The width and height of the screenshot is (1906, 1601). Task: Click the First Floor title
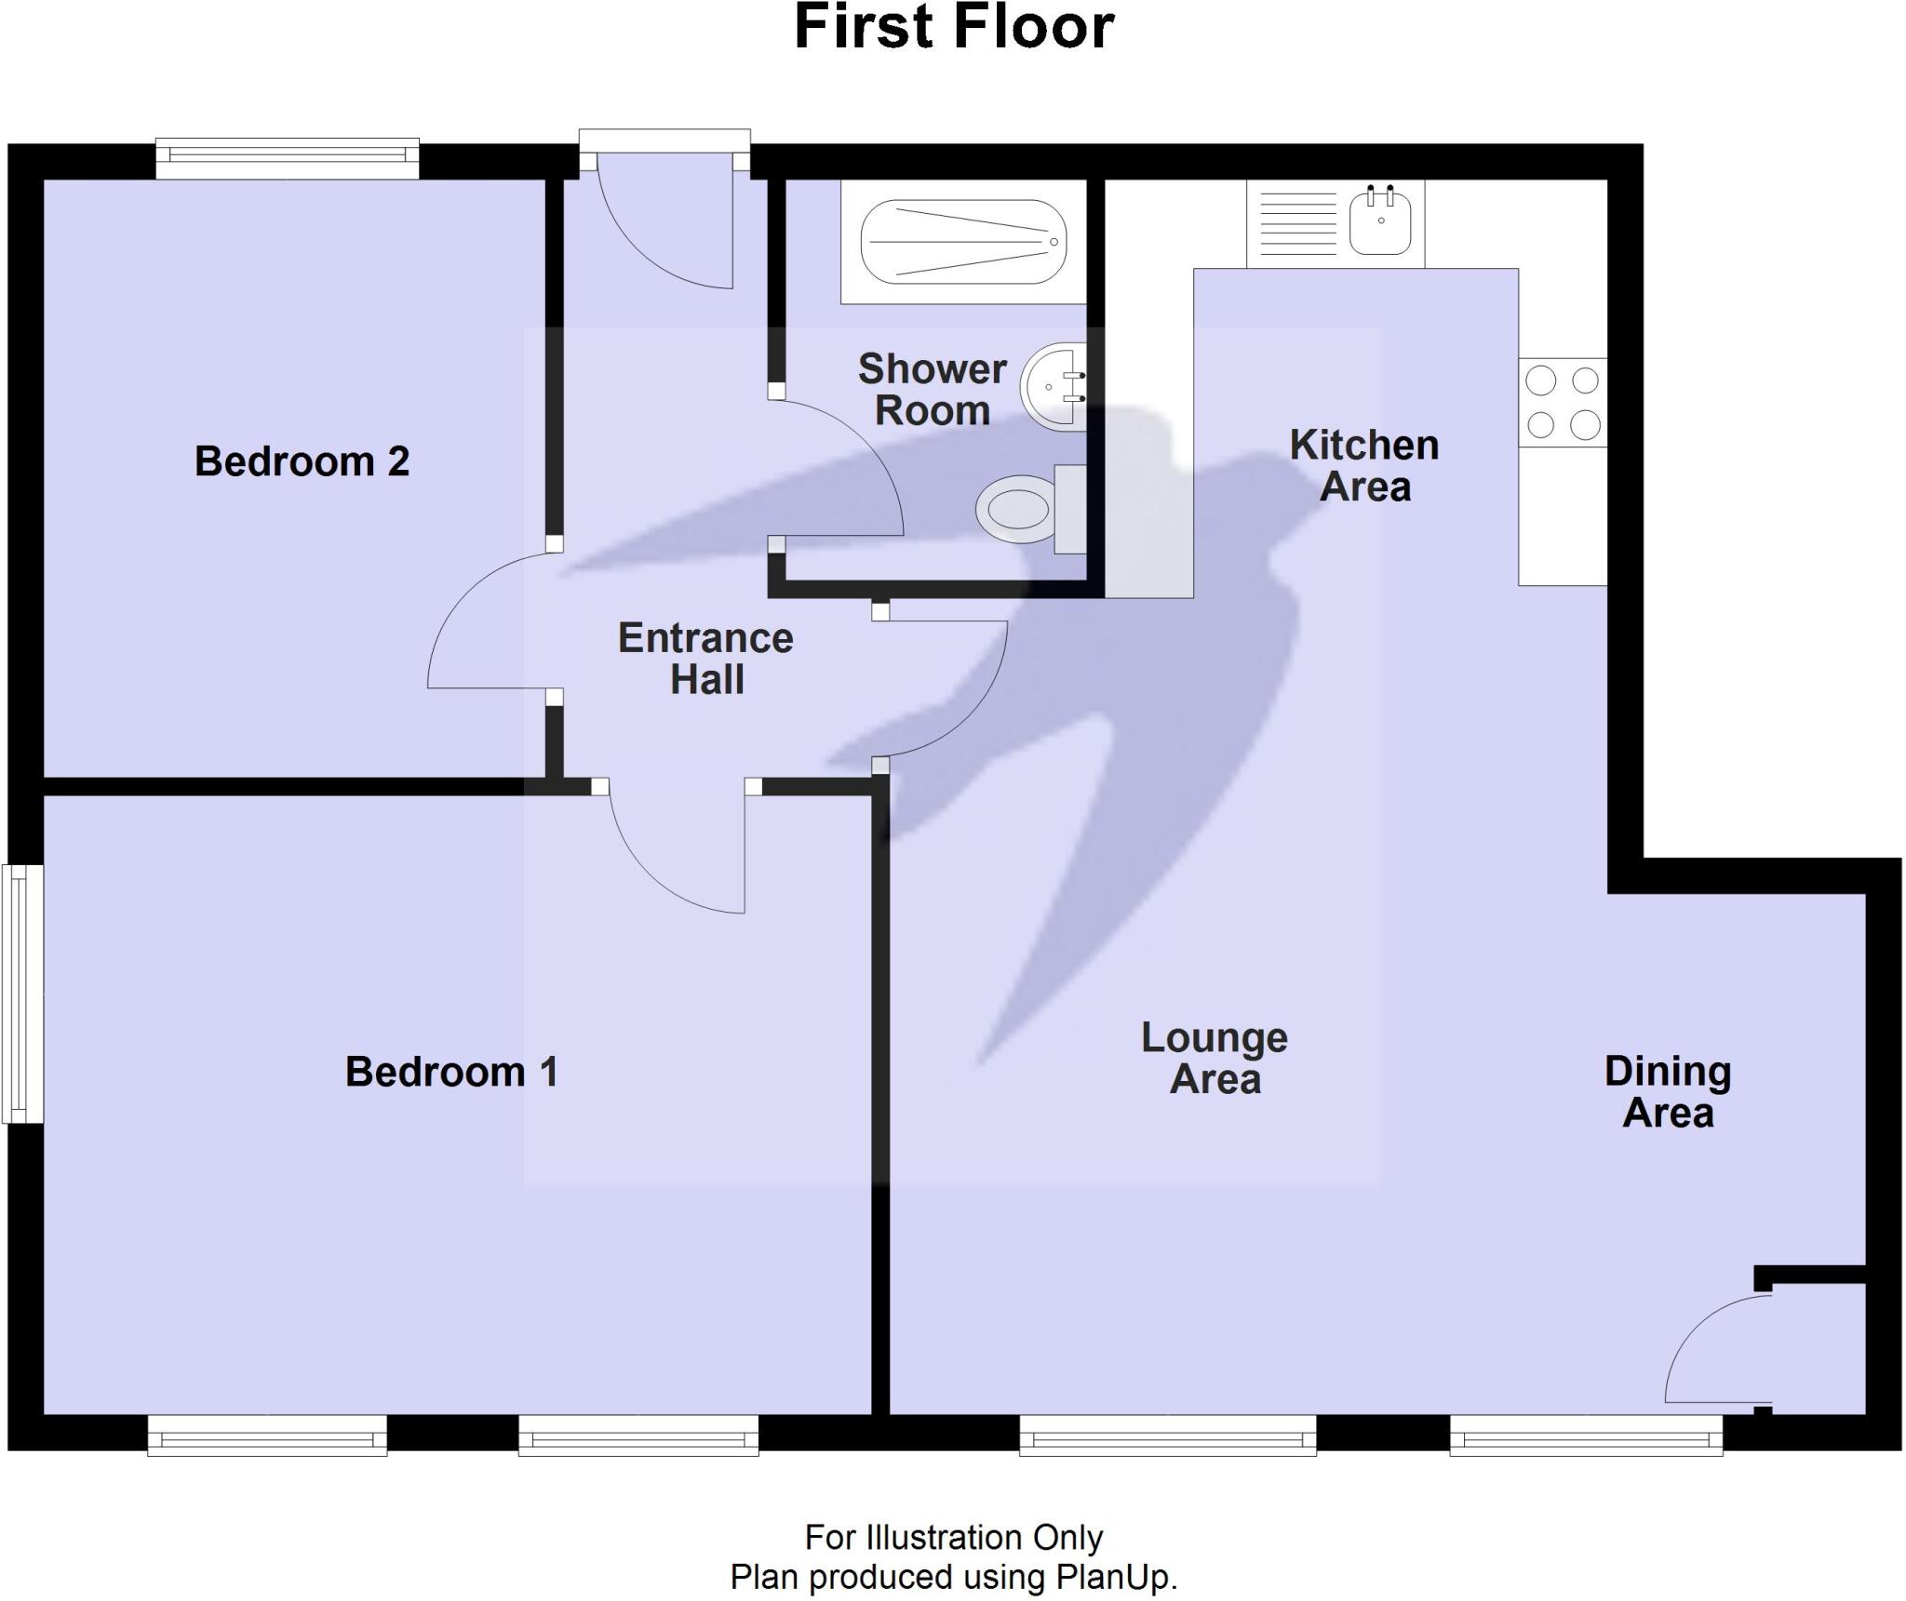tap(953, 28)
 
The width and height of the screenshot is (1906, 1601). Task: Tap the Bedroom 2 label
tap(302, 461)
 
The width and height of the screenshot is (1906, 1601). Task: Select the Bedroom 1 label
tap(451, 1072)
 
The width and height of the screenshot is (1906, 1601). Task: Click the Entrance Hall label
tap(705, 659)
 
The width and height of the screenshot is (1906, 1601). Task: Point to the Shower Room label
tap(932, 390)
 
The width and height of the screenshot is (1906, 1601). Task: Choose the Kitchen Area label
tap(1364, 466)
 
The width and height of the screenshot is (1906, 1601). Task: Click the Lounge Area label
tap(1215, 1059)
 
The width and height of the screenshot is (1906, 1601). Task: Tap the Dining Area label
tap(1668, 1092)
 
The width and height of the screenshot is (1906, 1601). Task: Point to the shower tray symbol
tap(963, 242)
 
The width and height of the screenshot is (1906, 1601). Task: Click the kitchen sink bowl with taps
tap(1381, 221)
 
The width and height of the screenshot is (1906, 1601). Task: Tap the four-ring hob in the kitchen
tap(1563, 403)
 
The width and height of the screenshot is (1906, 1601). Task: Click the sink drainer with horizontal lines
tap(1296, 222)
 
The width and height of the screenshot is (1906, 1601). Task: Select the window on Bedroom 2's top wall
tap(288, 158)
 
